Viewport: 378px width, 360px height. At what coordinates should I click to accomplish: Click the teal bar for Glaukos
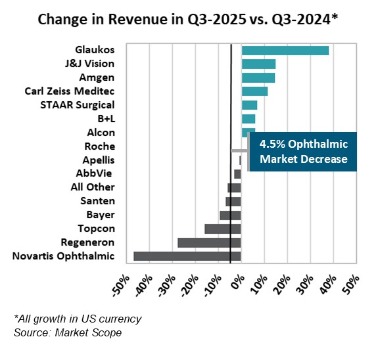point(285,51)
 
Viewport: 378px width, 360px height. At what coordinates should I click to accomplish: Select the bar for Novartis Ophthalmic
point(187,256)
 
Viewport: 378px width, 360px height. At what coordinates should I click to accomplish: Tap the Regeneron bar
point(209,242)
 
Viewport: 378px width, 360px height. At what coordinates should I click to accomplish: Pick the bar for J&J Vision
point(258,64)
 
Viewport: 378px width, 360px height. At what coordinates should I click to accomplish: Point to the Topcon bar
point(223,229)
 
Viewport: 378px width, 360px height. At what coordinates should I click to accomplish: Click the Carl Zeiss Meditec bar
point(254,91)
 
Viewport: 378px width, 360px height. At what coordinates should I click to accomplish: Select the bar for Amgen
point(258,78)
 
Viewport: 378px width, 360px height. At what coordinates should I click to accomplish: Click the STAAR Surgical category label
point(78,105)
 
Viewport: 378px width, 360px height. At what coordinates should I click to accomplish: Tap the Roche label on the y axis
point(100,146)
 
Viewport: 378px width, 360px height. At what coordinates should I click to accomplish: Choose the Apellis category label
point(99,160)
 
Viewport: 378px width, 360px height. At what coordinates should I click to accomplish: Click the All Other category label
point(93,187)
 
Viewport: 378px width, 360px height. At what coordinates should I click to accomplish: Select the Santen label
point(97,201)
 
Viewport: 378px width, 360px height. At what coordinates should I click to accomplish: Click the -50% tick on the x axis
point(120,284)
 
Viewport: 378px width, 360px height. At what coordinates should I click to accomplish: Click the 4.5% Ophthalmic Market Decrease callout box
point(303,151)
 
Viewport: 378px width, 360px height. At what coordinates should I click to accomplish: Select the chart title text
point(189,20)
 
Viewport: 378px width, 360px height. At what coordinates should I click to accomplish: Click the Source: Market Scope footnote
point(67,333)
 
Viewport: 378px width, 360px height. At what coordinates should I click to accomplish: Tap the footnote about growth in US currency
point(78,319)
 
